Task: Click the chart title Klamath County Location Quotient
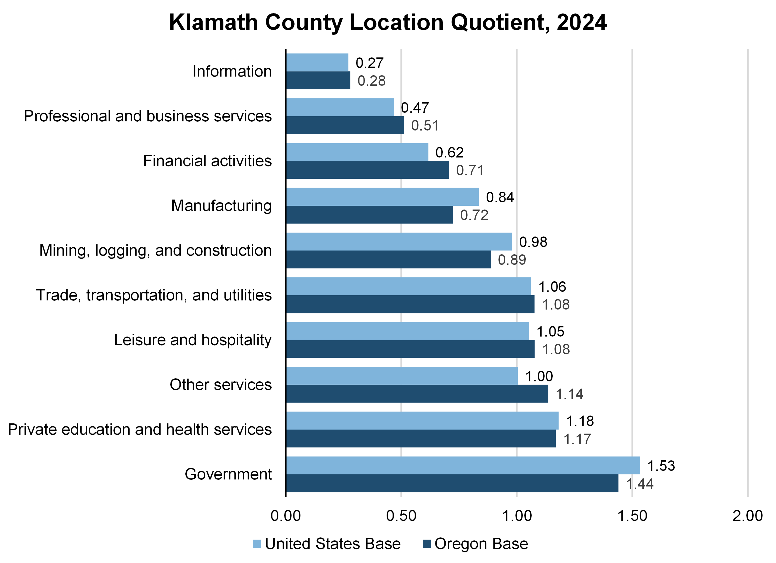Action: (x=388, y=23)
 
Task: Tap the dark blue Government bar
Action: (x=452, y=483)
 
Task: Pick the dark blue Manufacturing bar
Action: (x=370, y=215)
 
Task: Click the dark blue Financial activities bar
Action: (x=368, y=170)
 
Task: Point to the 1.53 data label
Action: (x=661, y=466)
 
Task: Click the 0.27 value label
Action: (x=370, y=63)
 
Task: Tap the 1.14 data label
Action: (x=569, y=394)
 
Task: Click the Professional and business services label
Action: (x=148, y=116)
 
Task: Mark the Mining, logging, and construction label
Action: (x=155, y=250)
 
